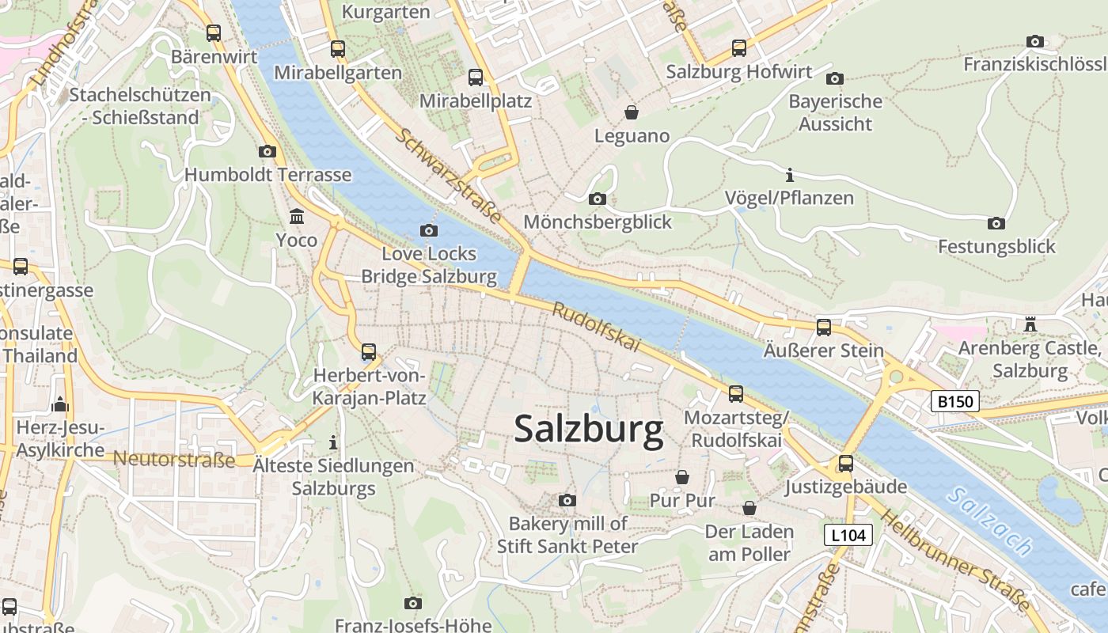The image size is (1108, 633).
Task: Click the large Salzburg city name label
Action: tap(589, 430)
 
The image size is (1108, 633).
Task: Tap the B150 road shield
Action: tap(954, 401)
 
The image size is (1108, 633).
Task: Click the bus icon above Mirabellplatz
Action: tap(476, 78)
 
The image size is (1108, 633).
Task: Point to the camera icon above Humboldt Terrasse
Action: tap(268, 151)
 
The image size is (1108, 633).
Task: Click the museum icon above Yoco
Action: tap(297, 216)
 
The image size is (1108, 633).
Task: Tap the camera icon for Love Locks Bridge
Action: tap(429, 230)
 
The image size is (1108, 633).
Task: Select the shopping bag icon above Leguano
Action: tap(632, 112)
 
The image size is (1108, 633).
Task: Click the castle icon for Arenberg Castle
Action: tap(1030, 324)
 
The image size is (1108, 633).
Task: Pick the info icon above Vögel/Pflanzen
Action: tap(789, 174)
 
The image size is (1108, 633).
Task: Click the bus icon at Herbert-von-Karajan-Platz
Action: tap(369, 351)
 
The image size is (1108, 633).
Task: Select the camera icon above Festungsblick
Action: tap(996, 223)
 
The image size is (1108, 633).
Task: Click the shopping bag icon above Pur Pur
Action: tap(681, 477)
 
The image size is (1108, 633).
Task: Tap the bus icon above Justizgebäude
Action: tap(846, 463)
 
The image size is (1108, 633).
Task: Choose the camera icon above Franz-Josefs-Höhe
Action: tap(412, 603)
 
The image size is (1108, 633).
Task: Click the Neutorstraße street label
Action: tap(174, 459)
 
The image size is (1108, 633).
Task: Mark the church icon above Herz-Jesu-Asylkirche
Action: tap(60, 404)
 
